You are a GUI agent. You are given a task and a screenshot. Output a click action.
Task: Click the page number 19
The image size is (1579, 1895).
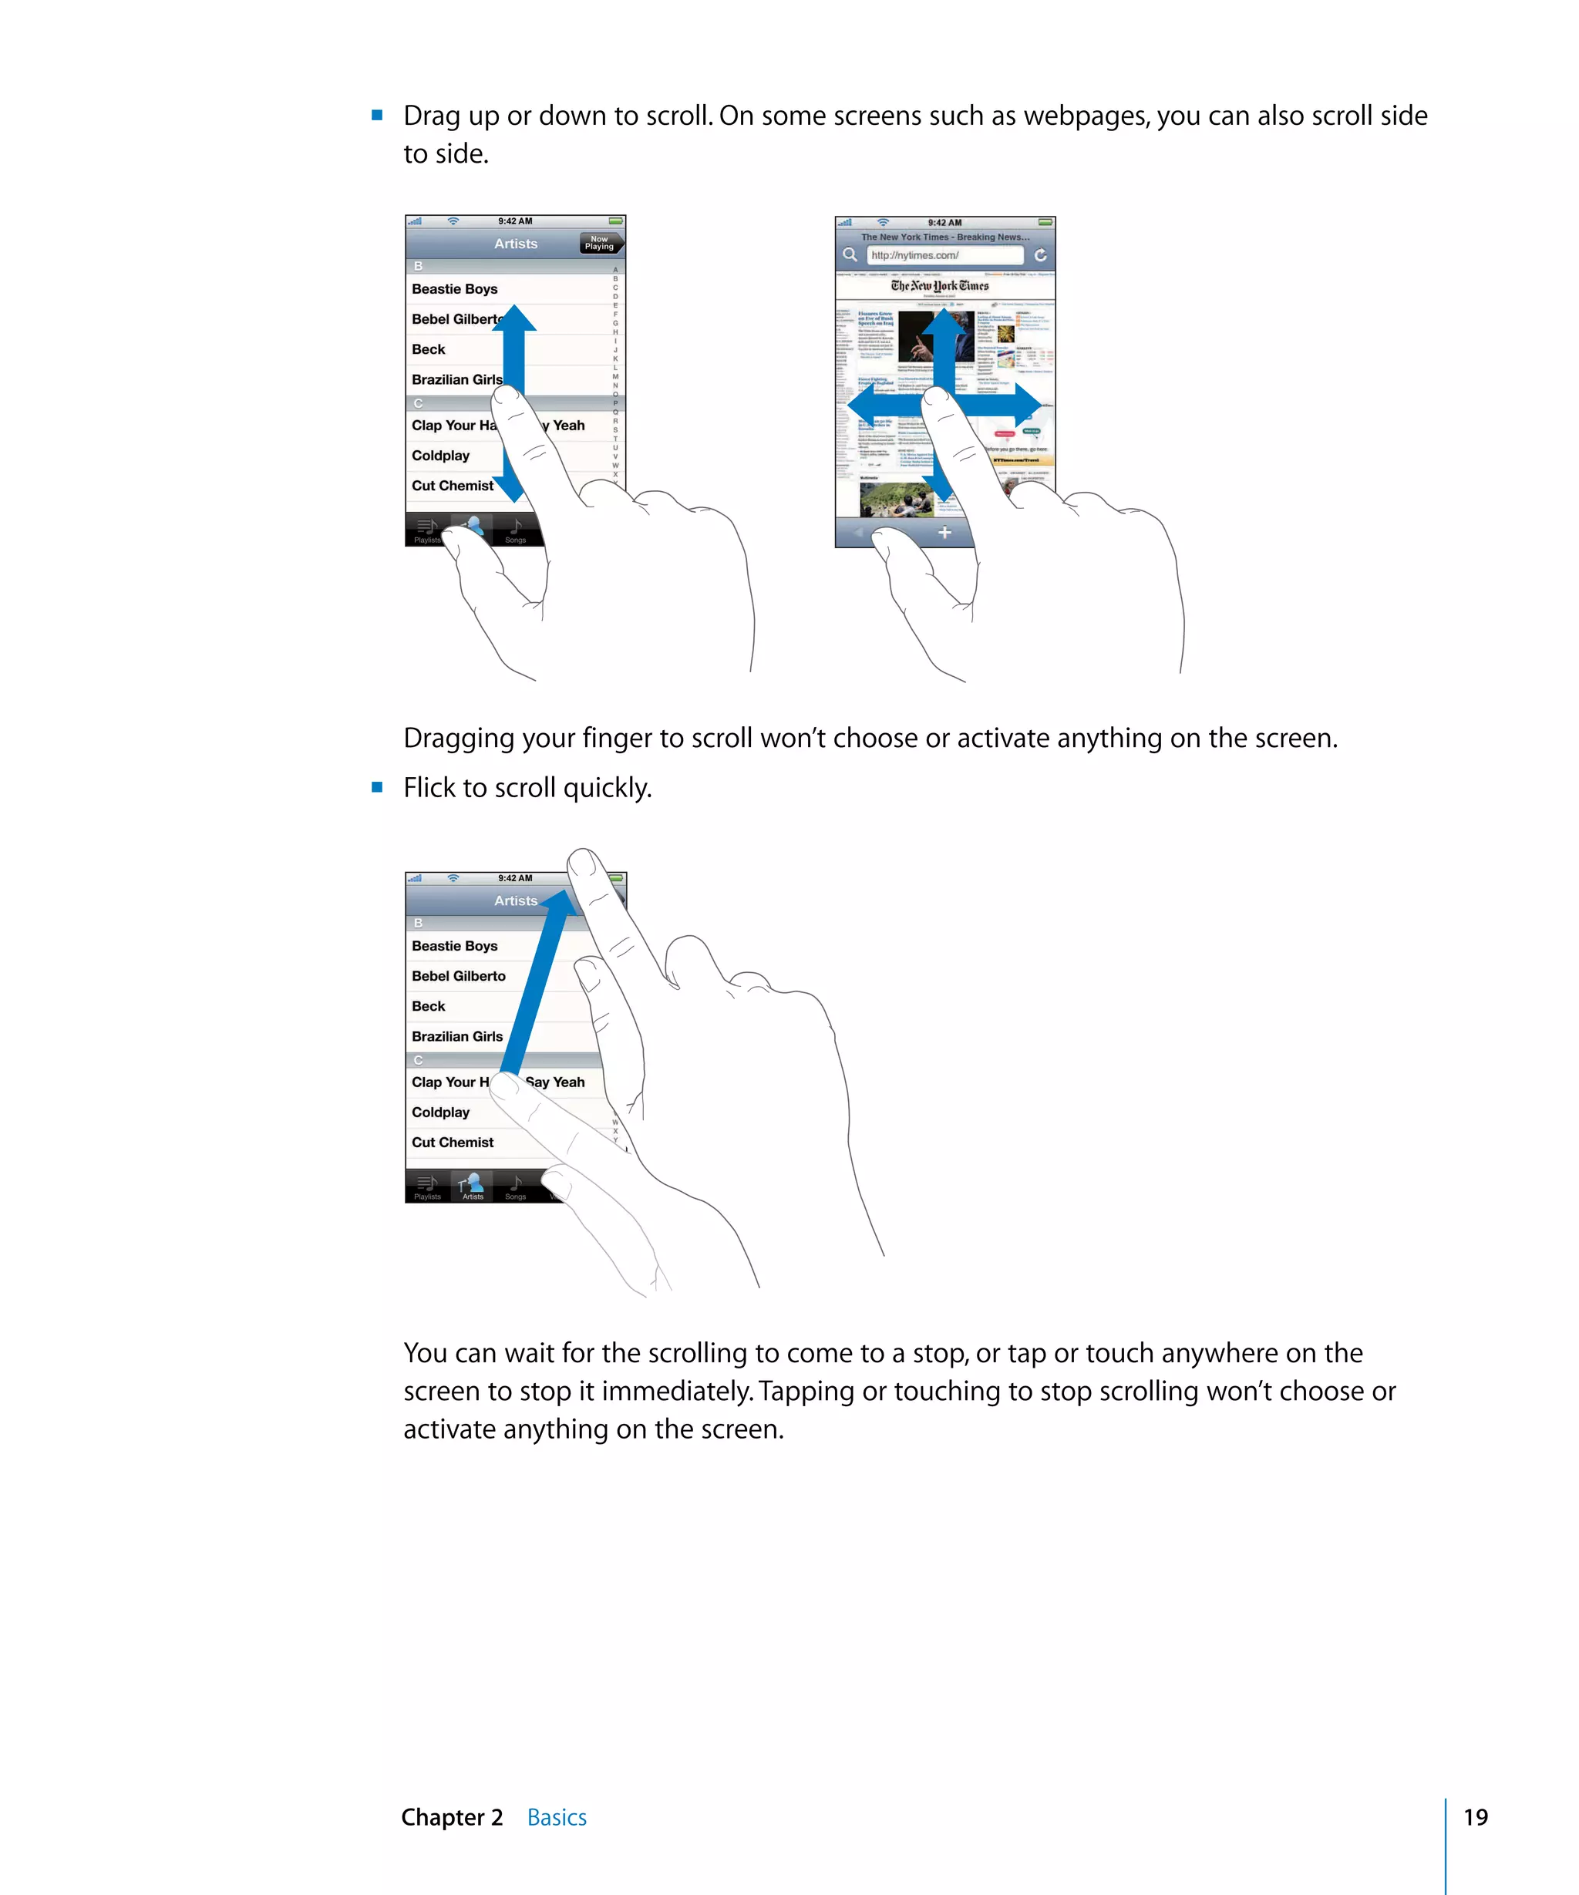tap(1474, 1816)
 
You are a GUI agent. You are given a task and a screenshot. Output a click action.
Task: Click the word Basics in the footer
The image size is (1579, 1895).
tap(556, 1816)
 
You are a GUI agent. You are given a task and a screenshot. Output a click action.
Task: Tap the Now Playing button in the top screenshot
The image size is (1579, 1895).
tap(600, 244)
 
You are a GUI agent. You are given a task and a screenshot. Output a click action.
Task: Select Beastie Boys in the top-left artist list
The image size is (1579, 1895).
tap(455, 289)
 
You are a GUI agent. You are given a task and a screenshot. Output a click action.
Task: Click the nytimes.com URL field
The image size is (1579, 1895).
tap(943, 255)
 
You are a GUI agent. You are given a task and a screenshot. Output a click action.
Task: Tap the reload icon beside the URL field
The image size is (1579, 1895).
tap(1040, 255)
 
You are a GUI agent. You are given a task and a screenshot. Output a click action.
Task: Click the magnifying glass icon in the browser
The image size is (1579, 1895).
tap(850, 254)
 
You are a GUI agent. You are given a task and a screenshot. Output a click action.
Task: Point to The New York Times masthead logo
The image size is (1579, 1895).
tap(939, 286)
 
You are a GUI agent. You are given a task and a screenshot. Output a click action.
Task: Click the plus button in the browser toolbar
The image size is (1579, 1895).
tap(944, 533)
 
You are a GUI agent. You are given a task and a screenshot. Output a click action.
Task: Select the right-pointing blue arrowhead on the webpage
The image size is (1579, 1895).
tap(1029, 406)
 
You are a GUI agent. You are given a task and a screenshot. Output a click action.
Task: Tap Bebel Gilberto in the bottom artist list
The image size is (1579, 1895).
tap(459, 975)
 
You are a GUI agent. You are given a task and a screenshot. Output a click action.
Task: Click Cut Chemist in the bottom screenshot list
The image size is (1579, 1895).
tap(452, 1143)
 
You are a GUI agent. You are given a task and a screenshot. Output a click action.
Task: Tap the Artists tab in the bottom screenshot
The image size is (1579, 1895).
tap(472, 1186)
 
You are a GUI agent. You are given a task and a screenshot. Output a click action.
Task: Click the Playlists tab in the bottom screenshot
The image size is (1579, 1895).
tap(428, 1186)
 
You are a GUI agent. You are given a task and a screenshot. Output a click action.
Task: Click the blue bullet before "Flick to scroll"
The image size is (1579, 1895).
tap(377, 788)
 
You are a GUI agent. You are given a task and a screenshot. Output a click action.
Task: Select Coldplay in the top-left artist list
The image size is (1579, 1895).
tap(440, 456)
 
